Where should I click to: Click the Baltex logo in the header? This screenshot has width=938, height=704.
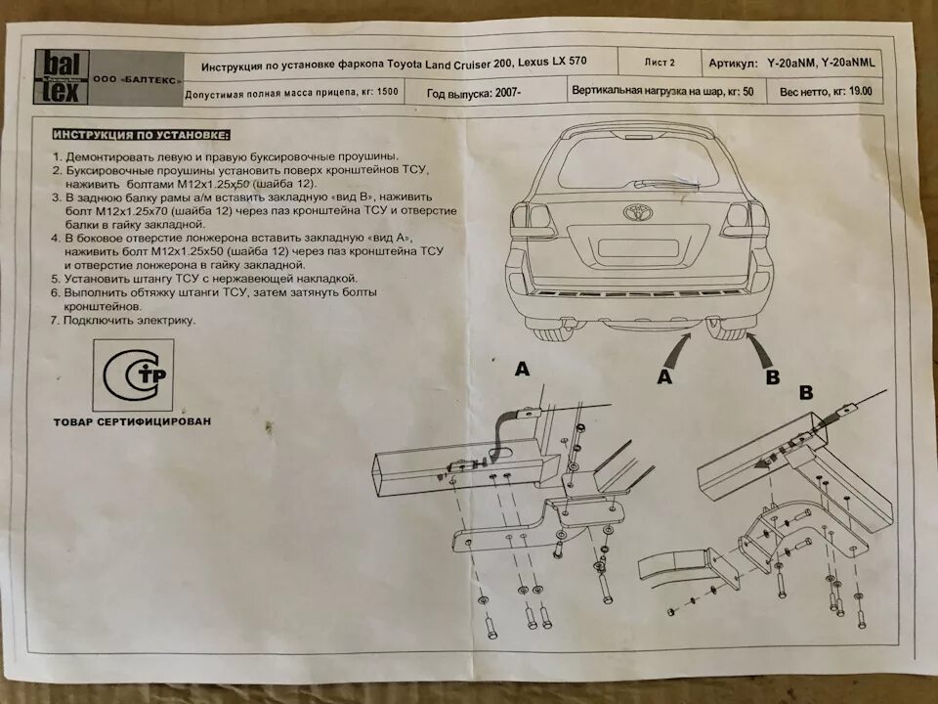[64, 77]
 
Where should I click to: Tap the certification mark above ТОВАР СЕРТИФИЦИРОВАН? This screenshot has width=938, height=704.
[134, 375]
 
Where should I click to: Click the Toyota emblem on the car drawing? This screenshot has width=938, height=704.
[637, 212]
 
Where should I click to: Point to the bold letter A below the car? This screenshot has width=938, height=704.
[665, 376]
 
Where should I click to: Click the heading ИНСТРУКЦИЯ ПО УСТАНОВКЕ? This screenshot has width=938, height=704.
[142, 134]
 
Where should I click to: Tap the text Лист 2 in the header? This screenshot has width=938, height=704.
[659, 62]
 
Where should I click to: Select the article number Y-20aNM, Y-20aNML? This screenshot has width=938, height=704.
[821, 62]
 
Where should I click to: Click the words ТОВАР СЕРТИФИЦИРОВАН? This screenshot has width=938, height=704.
[133, 422]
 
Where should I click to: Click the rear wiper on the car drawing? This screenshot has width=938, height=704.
[664, 182]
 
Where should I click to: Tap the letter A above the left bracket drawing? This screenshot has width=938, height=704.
[522, 370]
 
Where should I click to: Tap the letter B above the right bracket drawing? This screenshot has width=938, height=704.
[807, 392]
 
